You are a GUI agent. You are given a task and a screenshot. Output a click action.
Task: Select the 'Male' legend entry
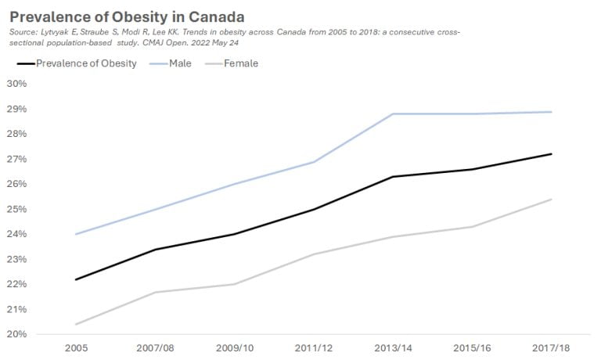[181, 63]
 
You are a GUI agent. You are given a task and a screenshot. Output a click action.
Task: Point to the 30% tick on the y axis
[16, 84]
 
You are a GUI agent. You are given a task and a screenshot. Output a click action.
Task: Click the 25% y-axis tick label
[16, 209]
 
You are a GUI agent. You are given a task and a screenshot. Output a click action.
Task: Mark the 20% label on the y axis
[16, 334]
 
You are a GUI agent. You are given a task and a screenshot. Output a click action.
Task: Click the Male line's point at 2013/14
[391, 114]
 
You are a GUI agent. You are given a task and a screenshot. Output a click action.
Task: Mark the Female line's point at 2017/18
[551, 199]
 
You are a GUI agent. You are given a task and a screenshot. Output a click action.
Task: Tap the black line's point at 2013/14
[391, 177]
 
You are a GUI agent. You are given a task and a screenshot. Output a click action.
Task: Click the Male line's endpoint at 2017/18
[551, 112]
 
